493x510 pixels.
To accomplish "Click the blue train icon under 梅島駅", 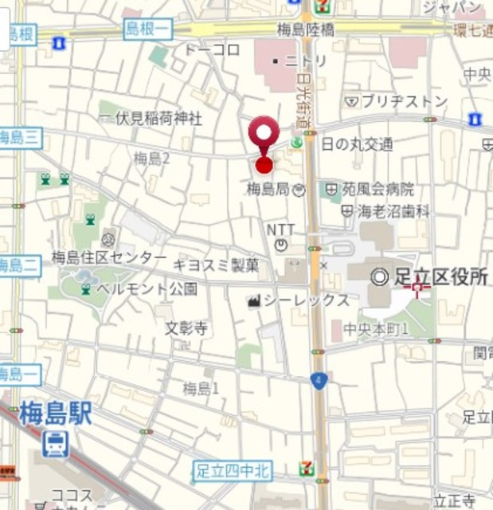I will [x=55, y=444].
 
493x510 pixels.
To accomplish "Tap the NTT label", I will [x=280, y=229].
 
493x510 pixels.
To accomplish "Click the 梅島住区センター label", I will [x=109, y=257].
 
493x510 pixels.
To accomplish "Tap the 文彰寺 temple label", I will [x=186, y=328].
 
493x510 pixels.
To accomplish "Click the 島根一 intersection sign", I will [x=149, y=30].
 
